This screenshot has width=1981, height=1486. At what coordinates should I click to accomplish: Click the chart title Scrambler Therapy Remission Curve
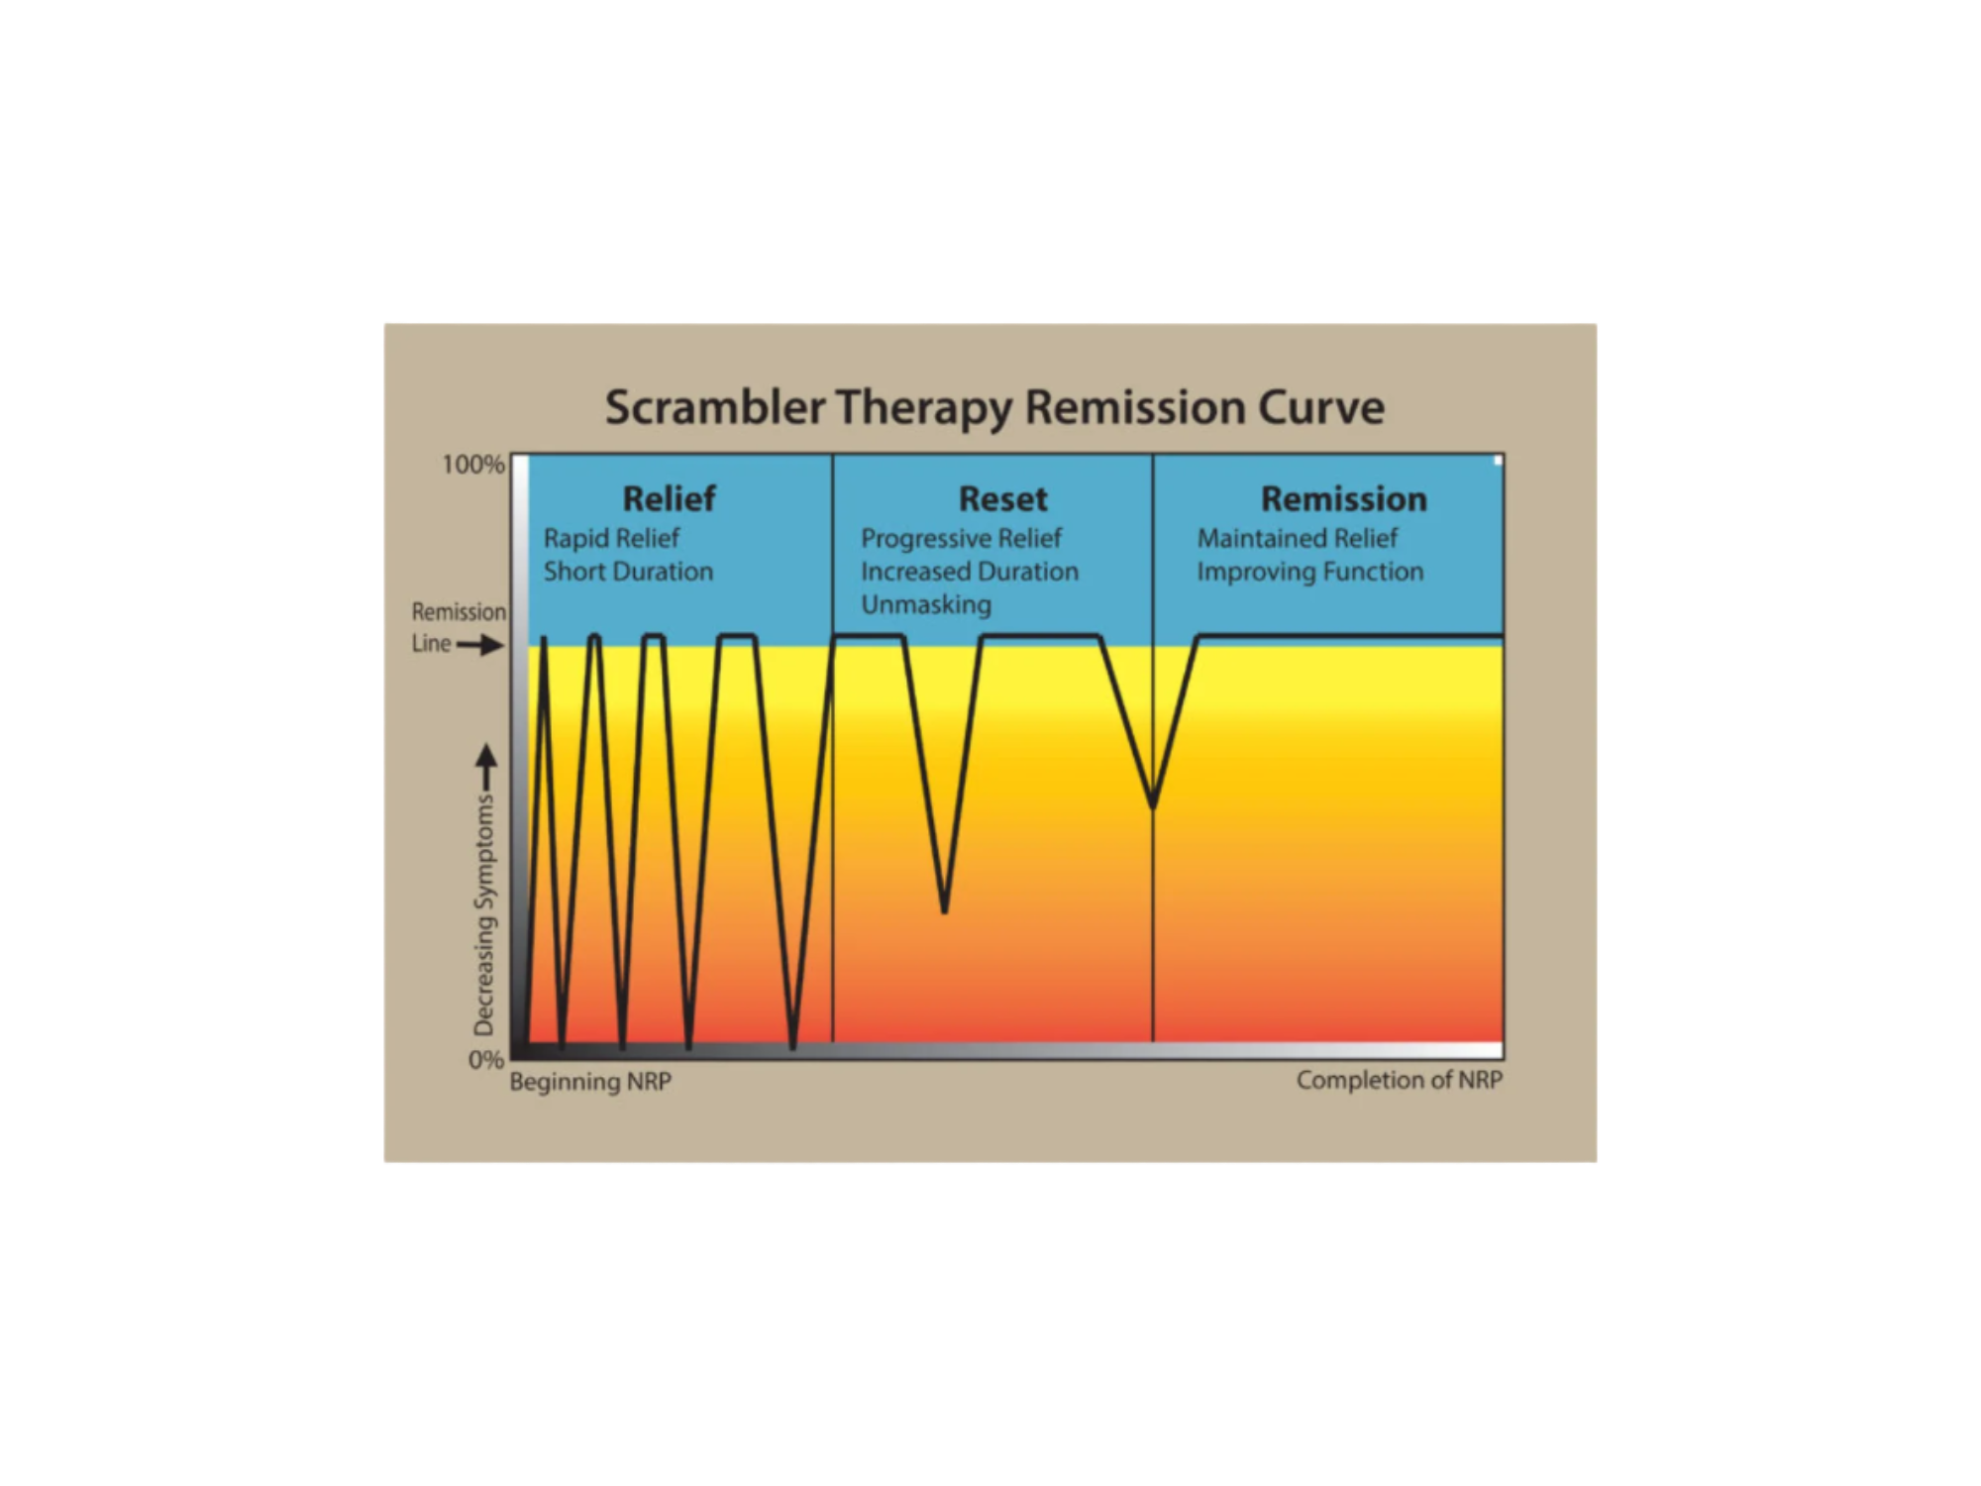click(x=994, y=408)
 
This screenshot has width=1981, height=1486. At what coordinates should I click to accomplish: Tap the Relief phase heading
click(x=669, y=498)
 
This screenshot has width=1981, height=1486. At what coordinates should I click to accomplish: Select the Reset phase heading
click(x=1002, y=498)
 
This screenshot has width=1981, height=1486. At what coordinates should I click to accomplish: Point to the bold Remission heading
click(x=1344, y=498)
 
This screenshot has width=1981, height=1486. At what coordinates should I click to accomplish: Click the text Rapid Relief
click(x=611, y=538)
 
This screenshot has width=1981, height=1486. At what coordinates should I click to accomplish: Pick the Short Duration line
click(x=628, y=572)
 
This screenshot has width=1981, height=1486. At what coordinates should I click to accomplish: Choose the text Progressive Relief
click(x=961, y=538)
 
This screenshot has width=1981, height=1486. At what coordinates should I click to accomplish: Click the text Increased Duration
click(x=970, y=572)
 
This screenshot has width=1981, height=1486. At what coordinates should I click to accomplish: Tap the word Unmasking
click(x=926, y=605)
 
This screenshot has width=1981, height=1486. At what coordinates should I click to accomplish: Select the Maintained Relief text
click(x=1298, y=538)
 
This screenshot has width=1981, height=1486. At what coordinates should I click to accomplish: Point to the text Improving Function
click(x=1310, y=572)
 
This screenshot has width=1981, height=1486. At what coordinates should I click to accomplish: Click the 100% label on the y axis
click(x=473, y=465)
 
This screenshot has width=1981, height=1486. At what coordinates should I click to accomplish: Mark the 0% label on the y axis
click(x=486, y=1060)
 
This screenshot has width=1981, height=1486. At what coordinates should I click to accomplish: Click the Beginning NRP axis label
click(x=590, y=1082)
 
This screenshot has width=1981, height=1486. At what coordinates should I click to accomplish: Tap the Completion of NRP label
click(x=1400, y=1080)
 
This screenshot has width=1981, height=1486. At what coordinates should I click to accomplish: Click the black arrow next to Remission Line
click(x=480, y=646)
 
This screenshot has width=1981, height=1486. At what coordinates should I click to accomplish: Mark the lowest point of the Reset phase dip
click(x=945, y=910)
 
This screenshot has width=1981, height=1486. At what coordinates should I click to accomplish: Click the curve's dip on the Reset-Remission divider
click(x=1153, y=805)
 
